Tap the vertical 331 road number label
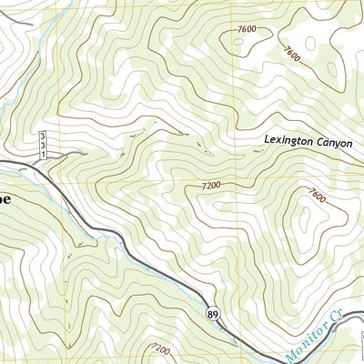(42, 145)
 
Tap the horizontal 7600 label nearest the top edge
(246, 30)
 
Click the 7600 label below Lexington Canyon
(317, 195)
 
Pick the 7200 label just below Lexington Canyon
(211, 185)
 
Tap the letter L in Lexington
(267, 143)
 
